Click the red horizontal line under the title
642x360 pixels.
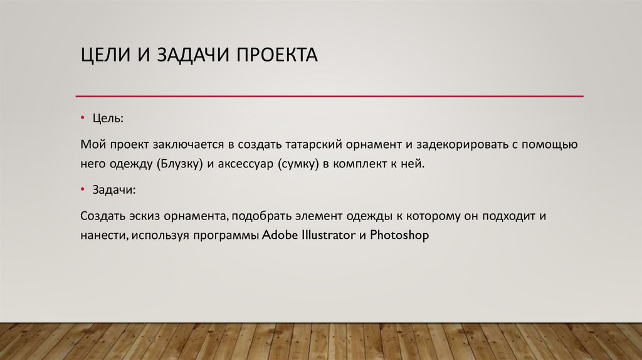[329, 97]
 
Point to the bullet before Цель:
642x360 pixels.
[83, 118]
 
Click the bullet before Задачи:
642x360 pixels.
[83, 189]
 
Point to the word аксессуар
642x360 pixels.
[243, 164]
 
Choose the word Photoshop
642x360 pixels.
[399, 236]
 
